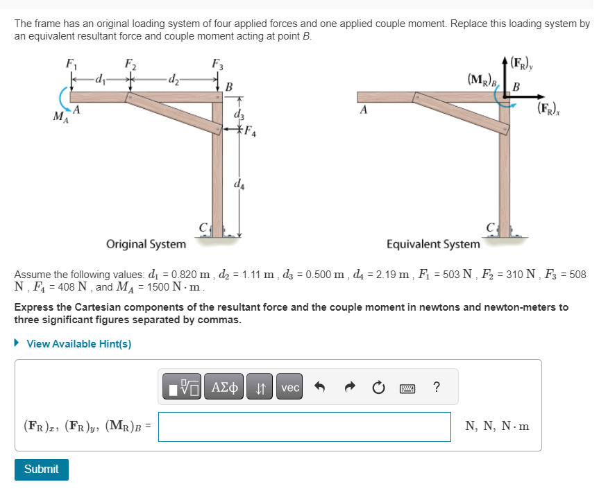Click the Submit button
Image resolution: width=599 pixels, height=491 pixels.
click(42, 469)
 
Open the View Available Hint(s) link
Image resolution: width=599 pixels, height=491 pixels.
click(78, 344)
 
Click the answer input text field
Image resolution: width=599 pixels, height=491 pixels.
click(304, 427)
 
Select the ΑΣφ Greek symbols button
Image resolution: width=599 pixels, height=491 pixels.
click(224, 388)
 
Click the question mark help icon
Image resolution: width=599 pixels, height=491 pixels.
click(436, 388)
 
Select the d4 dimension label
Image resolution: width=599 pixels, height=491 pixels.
click(239, 185)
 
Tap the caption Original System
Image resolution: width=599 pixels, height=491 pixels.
click(146, 244)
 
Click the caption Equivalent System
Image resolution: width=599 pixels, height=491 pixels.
click(432, 244)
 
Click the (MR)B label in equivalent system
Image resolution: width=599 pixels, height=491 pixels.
click(482, 78)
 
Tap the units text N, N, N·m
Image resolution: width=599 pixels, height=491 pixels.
click(497, 427)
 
